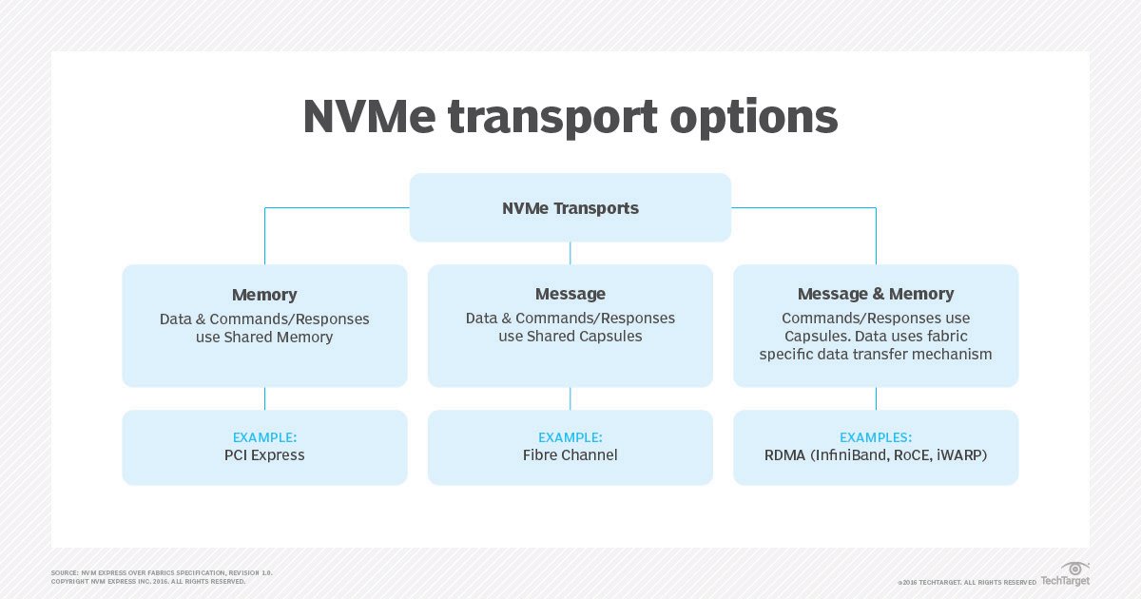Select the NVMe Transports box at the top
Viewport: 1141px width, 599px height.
[570, 207]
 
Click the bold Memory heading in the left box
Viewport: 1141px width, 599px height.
[264, 295]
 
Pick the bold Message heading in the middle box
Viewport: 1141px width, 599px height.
[570, 294]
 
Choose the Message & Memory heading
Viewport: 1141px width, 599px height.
[875, 294]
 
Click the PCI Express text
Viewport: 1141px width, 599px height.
[264, 454]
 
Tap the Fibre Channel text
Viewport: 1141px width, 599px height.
[570, 454]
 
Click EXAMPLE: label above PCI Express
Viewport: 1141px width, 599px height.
[264, 437]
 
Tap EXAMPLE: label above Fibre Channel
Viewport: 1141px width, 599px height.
[570, 437]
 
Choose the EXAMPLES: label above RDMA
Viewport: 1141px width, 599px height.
[875, 437]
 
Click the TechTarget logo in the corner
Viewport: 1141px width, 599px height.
[1065, 574]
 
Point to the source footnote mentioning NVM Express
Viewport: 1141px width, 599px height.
[162, 572]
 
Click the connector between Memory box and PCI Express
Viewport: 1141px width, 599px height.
[264, 398]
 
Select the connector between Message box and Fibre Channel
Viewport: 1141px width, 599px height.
[570, 398]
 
